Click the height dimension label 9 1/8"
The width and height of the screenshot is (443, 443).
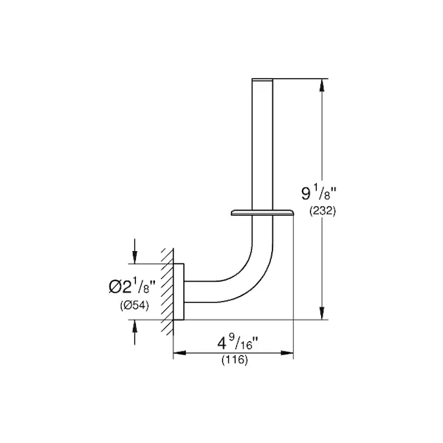(x=319, y=193)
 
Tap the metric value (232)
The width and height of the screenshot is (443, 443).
(x=323, y=210)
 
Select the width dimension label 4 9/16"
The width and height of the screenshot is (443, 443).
(x=238, y=343)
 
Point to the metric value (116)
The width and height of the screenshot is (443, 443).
(x=235, y=360)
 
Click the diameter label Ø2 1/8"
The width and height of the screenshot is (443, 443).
(x=132, y=285)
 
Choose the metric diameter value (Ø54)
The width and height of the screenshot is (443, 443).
(x=134, y=305)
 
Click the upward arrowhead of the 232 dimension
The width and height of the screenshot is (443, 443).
(x=321, y=86)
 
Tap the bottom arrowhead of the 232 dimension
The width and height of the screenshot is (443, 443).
(x=321, y=313)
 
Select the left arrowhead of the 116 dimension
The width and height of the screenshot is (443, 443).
(x=179, y=353)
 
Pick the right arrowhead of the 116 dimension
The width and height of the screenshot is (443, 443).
(x=286, y=353)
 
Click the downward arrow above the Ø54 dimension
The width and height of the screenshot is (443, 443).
(x=135, y=252)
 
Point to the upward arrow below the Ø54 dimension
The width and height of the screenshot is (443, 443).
(x=135, y=332)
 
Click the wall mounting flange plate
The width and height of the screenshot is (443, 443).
(x=179, y=292)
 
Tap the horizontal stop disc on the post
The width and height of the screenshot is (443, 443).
(x=262, y=213)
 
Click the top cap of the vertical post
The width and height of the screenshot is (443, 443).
(x=262, y=80)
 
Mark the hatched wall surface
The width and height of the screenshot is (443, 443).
(x=167, y=292)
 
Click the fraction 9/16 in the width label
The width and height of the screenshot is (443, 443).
(x=244, y=343)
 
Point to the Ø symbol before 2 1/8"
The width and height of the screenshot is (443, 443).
(x=114, y=286)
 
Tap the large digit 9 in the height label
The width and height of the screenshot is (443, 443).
(x=306, y=193)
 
